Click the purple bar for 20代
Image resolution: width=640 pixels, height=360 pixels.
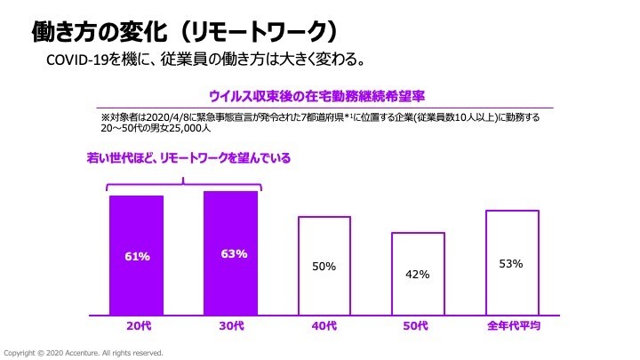tap(137, 255)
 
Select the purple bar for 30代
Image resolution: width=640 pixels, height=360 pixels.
tap(230, 253)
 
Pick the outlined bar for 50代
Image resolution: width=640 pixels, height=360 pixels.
tap(418, 274)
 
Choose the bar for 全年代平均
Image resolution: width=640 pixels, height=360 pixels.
tap(511, 262)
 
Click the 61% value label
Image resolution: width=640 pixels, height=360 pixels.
tap(137, 257)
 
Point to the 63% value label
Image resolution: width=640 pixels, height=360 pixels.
tap(233, 254)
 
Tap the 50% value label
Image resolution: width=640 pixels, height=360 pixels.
tap(324, 266)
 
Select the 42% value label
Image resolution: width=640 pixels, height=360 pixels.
tap(418, 275)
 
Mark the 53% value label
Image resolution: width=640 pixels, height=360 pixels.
tap(511, 263)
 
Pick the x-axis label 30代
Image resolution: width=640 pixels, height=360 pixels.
tap(231, 327)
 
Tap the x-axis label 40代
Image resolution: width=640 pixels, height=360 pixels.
tap(324, 327)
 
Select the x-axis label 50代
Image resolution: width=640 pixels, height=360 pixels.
tap(418, 327)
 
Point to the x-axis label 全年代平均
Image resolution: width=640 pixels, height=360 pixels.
tap(511, 327)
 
